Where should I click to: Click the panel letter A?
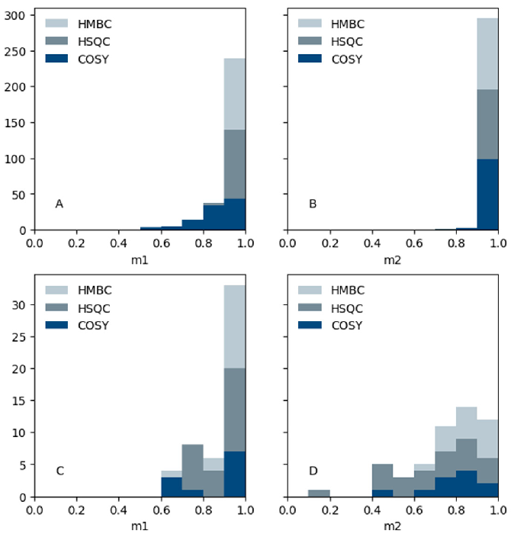(x=59, y=204)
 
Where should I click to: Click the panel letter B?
(x=312, y=204)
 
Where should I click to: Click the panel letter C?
(x=59, y=471)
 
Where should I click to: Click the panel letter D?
(x=312, y=471)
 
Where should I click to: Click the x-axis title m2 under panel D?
(x=393, y=526)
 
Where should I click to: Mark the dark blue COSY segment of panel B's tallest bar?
(x=487, y=195)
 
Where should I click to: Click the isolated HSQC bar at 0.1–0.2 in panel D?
(x=319, y=493)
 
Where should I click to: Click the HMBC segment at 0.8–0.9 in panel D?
(x=466, y=423)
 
